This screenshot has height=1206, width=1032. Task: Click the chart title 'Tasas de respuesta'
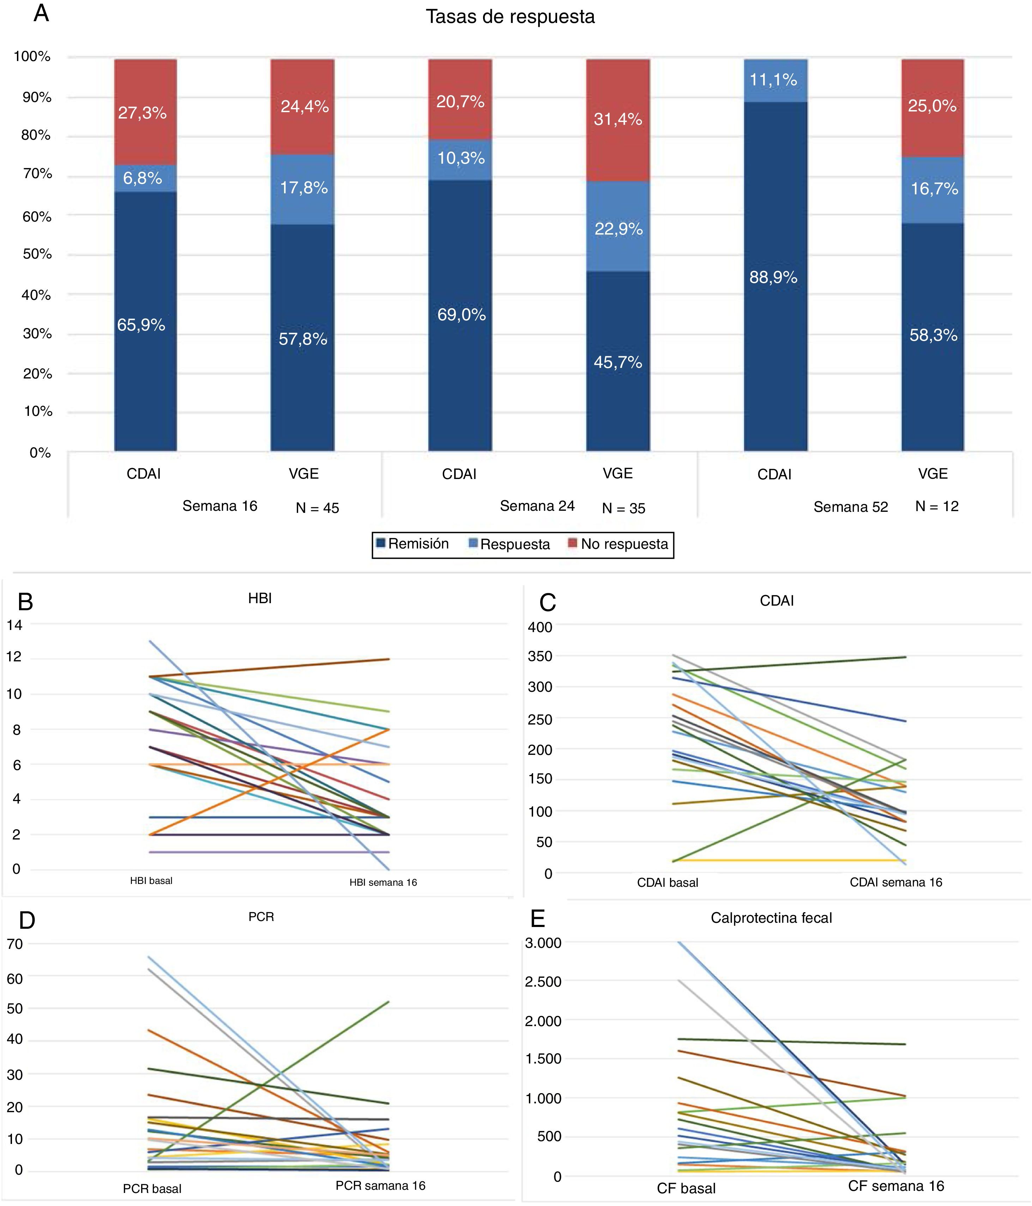tap(510, 17)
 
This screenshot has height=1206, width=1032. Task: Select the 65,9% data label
tap(141, 325)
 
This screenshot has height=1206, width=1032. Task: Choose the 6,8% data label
tap(143, 178)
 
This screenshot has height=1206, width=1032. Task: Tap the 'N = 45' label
tap(317, 508)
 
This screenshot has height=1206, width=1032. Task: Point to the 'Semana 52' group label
tap(850, 507)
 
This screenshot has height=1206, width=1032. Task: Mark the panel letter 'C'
tap(548, 603)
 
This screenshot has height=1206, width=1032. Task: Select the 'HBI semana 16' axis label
tap(383, 883)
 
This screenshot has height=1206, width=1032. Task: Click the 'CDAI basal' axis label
tap(668, 883)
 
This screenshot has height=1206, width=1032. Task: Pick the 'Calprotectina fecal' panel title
tap(771, 918)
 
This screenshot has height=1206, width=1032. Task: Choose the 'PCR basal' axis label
tap(152, 1188)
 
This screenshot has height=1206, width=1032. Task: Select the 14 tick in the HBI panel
tap(14, 625)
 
